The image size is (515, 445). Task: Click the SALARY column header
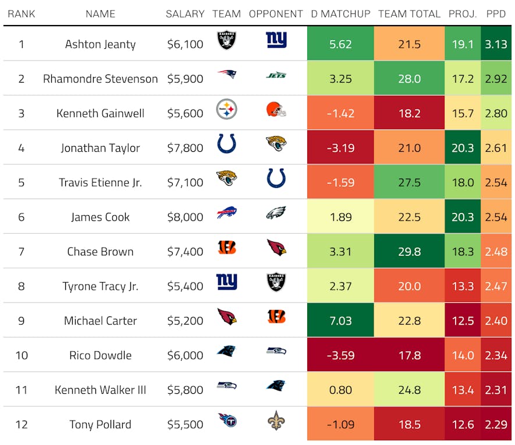pos(185,14)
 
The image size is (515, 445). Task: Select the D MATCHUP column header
pos(340,14)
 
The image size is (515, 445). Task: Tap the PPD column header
pos(496,14)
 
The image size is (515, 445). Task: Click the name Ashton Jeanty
pos(100,44)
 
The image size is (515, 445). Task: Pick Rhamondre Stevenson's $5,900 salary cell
pos(185,79)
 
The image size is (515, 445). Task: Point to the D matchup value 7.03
pos(340,321)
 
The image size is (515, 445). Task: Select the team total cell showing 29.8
pos(409,252)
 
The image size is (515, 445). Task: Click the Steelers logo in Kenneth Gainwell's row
pos(226,109)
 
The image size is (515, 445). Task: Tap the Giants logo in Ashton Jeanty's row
pos(276,40)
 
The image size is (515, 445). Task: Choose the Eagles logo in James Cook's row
pos(276,213)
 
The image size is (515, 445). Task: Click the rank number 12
pos(22,425)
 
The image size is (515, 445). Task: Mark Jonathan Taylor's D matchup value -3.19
pos(340,148)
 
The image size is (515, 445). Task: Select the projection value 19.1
pos(463,44)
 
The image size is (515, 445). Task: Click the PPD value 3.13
pos(496,44)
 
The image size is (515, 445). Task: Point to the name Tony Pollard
pos(100,425)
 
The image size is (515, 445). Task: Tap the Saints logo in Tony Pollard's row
pos(276,421)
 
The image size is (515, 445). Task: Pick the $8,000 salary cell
pos(185,218)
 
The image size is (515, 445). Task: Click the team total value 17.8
pos(409,355)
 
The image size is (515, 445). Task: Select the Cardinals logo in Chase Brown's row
pos(276,248)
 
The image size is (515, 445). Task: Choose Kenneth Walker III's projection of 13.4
pos(463,390)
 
